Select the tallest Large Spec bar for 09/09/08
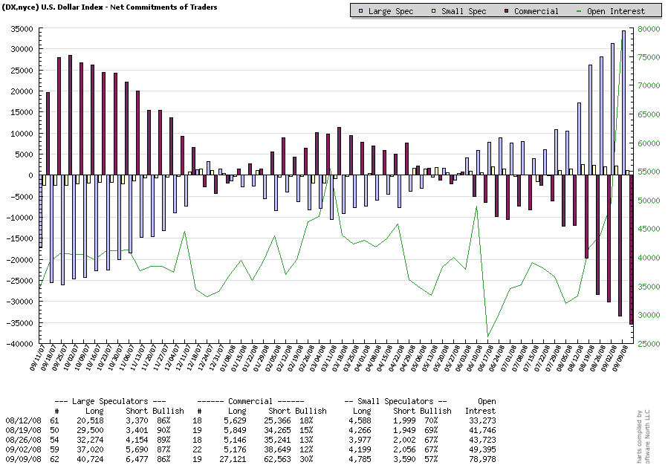point(624,103)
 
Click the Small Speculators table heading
point(395,401)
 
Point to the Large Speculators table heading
point(110,401)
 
